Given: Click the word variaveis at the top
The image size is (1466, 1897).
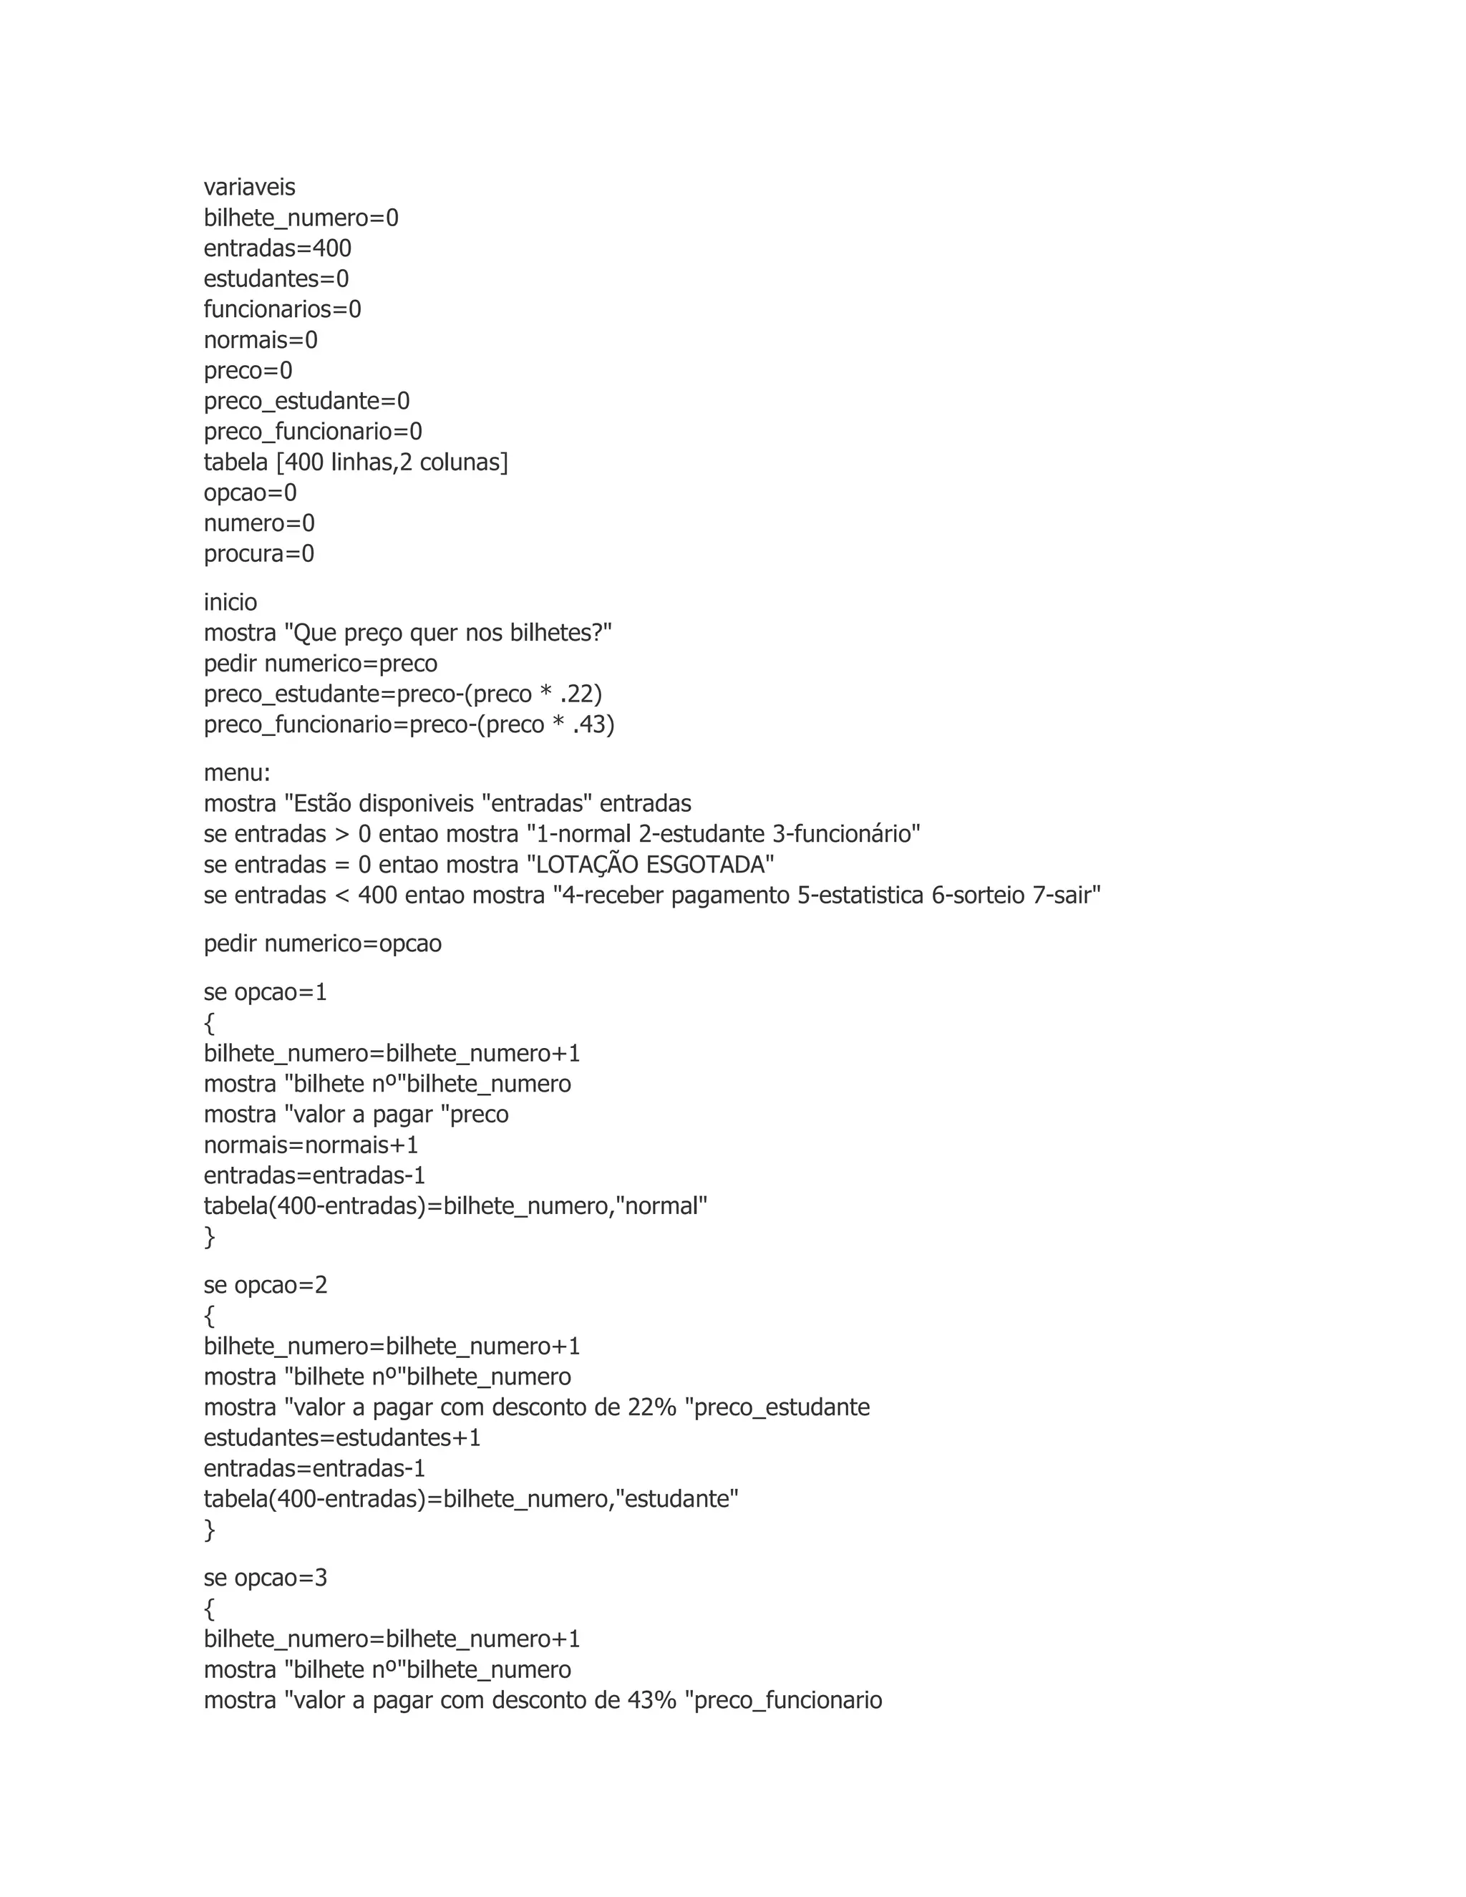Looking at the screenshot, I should pyautogui.click(x=249, y=188).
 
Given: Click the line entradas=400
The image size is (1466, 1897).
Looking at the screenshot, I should pyautogui.click(x=277, y=248).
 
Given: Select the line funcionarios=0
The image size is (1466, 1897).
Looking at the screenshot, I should pyautogui.click(x=282, y=309).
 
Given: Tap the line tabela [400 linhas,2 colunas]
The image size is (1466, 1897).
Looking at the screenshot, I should pyautogui.click(x=355, y=462).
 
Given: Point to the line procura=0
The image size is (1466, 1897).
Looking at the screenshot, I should pyautogui.click(x=259, y=554).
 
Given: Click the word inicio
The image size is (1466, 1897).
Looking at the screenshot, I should pyautogui.click(x=230, y=603).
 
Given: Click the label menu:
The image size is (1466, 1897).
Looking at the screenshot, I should pyautogui.click(x=237, y=773).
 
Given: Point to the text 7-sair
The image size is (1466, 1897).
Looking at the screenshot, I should pyautogui.click(x=1067, y=896).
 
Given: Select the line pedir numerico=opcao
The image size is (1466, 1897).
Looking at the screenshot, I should pyautogui.click(x=322, y=944).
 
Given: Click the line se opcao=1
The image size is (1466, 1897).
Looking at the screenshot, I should pyautogui.click(x=265, y=993).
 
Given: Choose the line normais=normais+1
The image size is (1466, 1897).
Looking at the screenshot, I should pyautogui.click(x=311, y=1145).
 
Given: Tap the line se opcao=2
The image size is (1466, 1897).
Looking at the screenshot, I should pyautogui.click(x=265, y=1286).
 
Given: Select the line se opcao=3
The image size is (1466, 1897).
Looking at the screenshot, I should pyautogui.click(x=265, y=1578).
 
